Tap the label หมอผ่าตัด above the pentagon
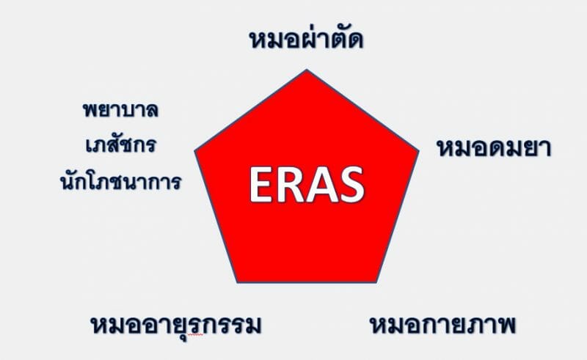coord(306,40)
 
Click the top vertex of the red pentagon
coord(307,70)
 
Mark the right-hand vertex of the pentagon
coord(418,151)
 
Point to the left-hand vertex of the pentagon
coord(195,151)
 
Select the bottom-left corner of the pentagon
coord(238,282)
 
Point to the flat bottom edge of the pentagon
coord(307,282)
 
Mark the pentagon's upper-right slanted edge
coord(362,111)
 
